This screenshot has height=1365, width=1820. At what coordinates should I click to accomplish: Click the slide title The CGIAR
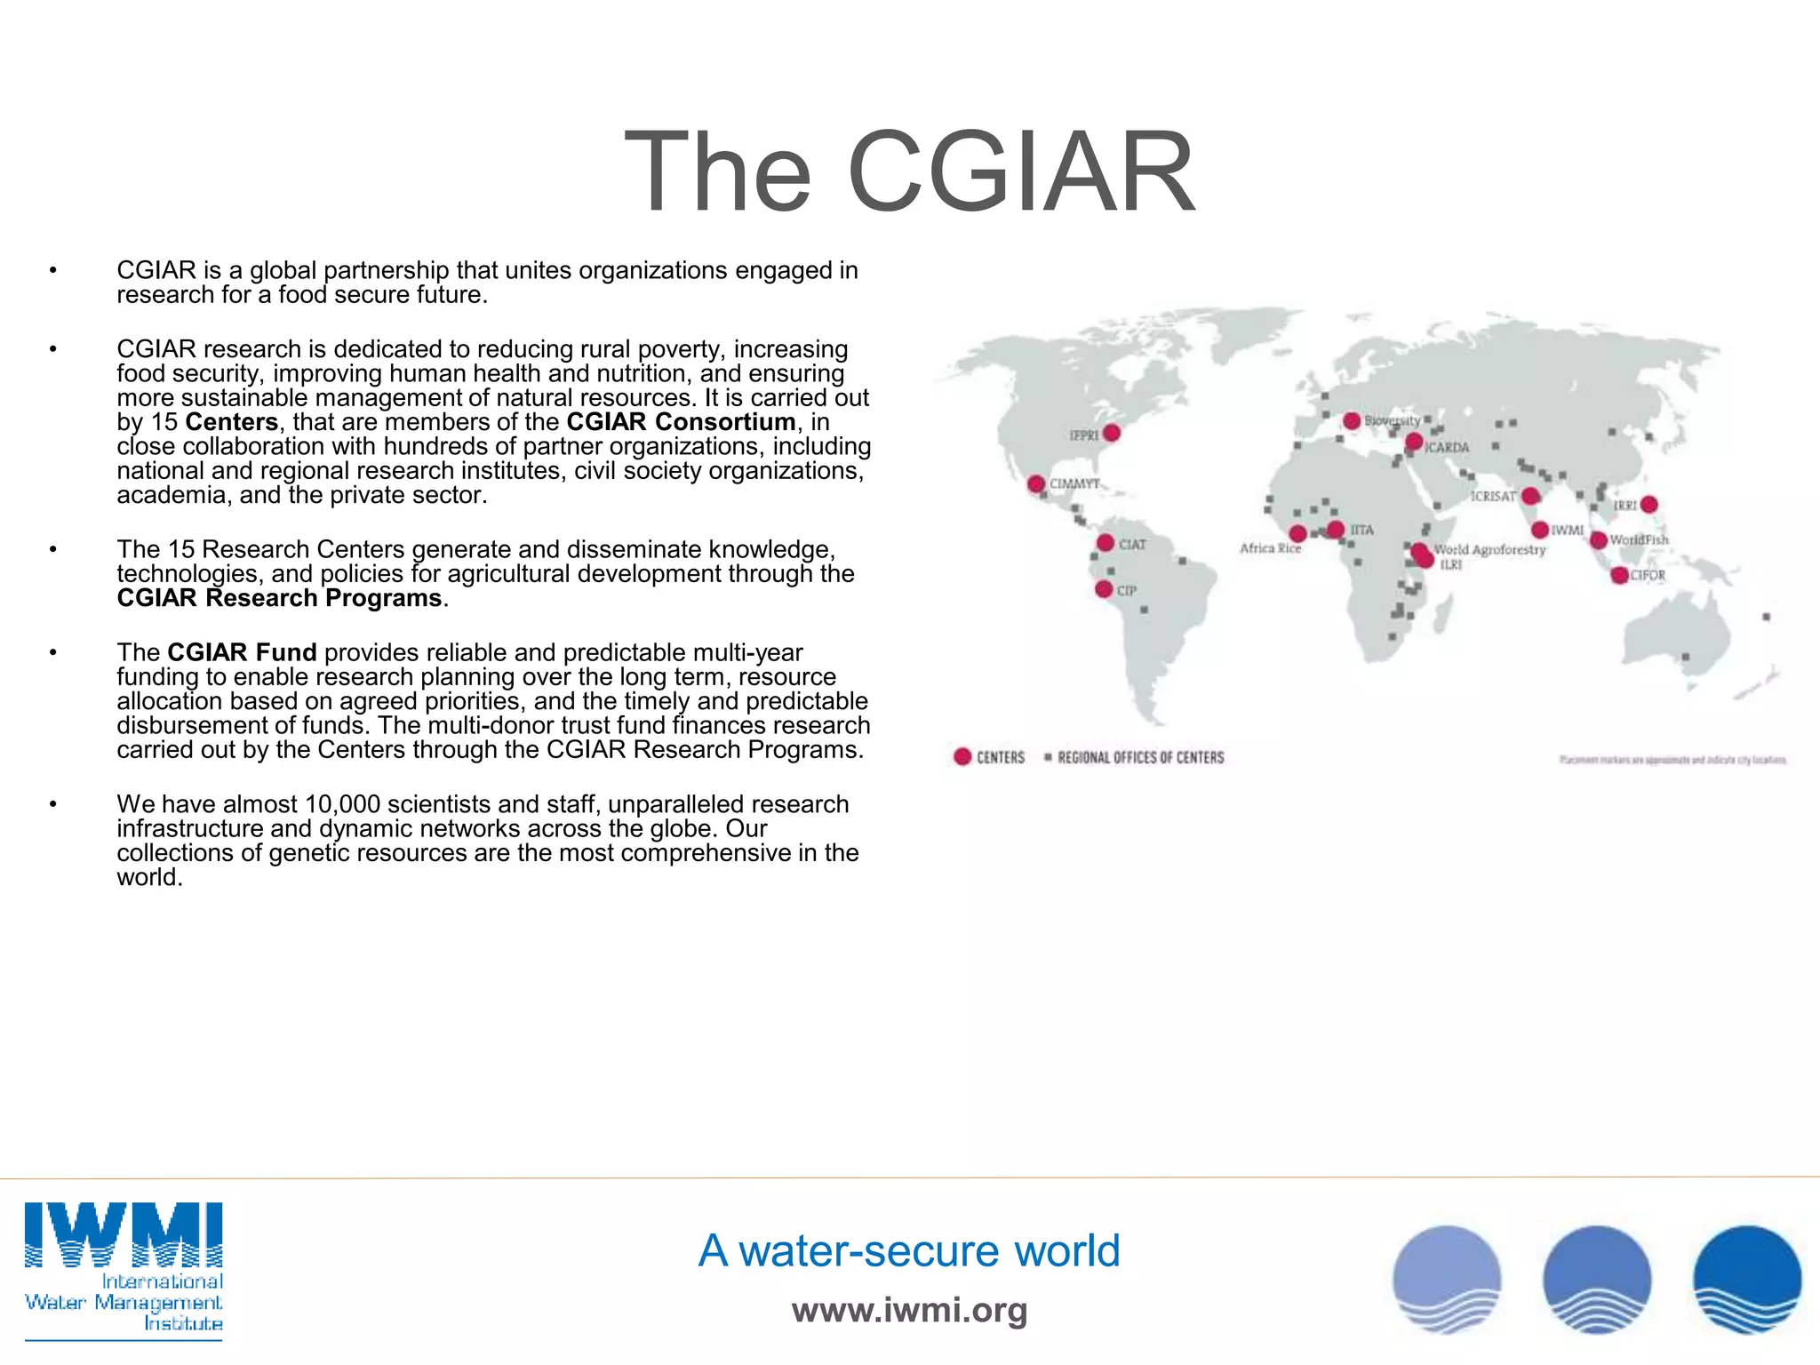click(909, 172)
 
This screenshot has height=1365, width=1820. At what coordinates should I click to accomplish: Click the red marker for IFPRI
click(1111, 433)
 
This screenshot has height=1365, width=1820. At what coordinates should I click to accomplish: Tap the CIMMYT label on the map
click(1074, 483)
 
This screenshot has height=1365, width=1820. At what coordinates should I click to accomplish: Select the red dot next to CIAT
click(1106, 543)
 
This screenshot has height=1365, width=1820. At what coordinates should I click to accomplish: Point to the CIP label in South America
click(1126, 590)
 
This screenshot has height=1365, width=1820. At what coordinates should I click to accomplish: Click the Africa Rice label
click(1270, 548)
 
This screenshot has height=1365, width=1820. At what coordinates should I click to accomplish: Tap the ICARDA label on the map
click(1448, 447)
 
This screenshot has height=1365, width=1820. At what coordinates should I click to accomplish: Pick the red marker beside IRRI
click(1649, 505)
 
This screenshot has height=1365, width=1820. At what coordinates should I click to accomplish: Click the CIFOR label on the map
click(1648, 575)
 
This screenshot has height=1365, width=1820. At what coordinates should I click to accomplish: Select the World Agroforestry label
click(1489, 549)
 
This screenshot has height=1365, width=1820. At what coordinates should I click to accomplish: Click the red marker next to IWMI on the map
click(1540, 530)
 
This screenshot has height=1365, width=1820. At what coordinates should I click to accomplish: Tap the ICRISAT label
click(1493, 496)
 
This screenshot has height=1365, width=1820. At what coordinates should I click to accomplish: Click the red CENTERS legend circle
click(962, 756)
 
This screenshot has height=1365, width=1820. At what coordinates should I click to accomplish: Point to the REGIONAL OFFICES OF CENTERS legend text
click(1140, 757)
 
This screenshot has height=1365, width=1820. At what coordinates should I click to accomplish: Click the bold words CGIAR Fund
click(242, 652)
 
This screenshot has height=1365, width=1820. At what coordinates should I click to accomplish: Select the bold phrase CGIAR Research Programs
click(279, 598)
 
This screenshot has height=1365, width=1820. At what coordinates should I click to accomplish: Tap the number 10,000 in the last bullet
click(342, 804)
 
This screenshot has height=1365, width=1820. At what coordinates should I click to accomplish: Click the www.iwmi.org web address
click(909, 1310)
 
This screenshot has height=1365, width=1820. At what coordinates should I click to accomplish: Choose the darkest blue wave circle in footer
click(1747, 1280)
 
